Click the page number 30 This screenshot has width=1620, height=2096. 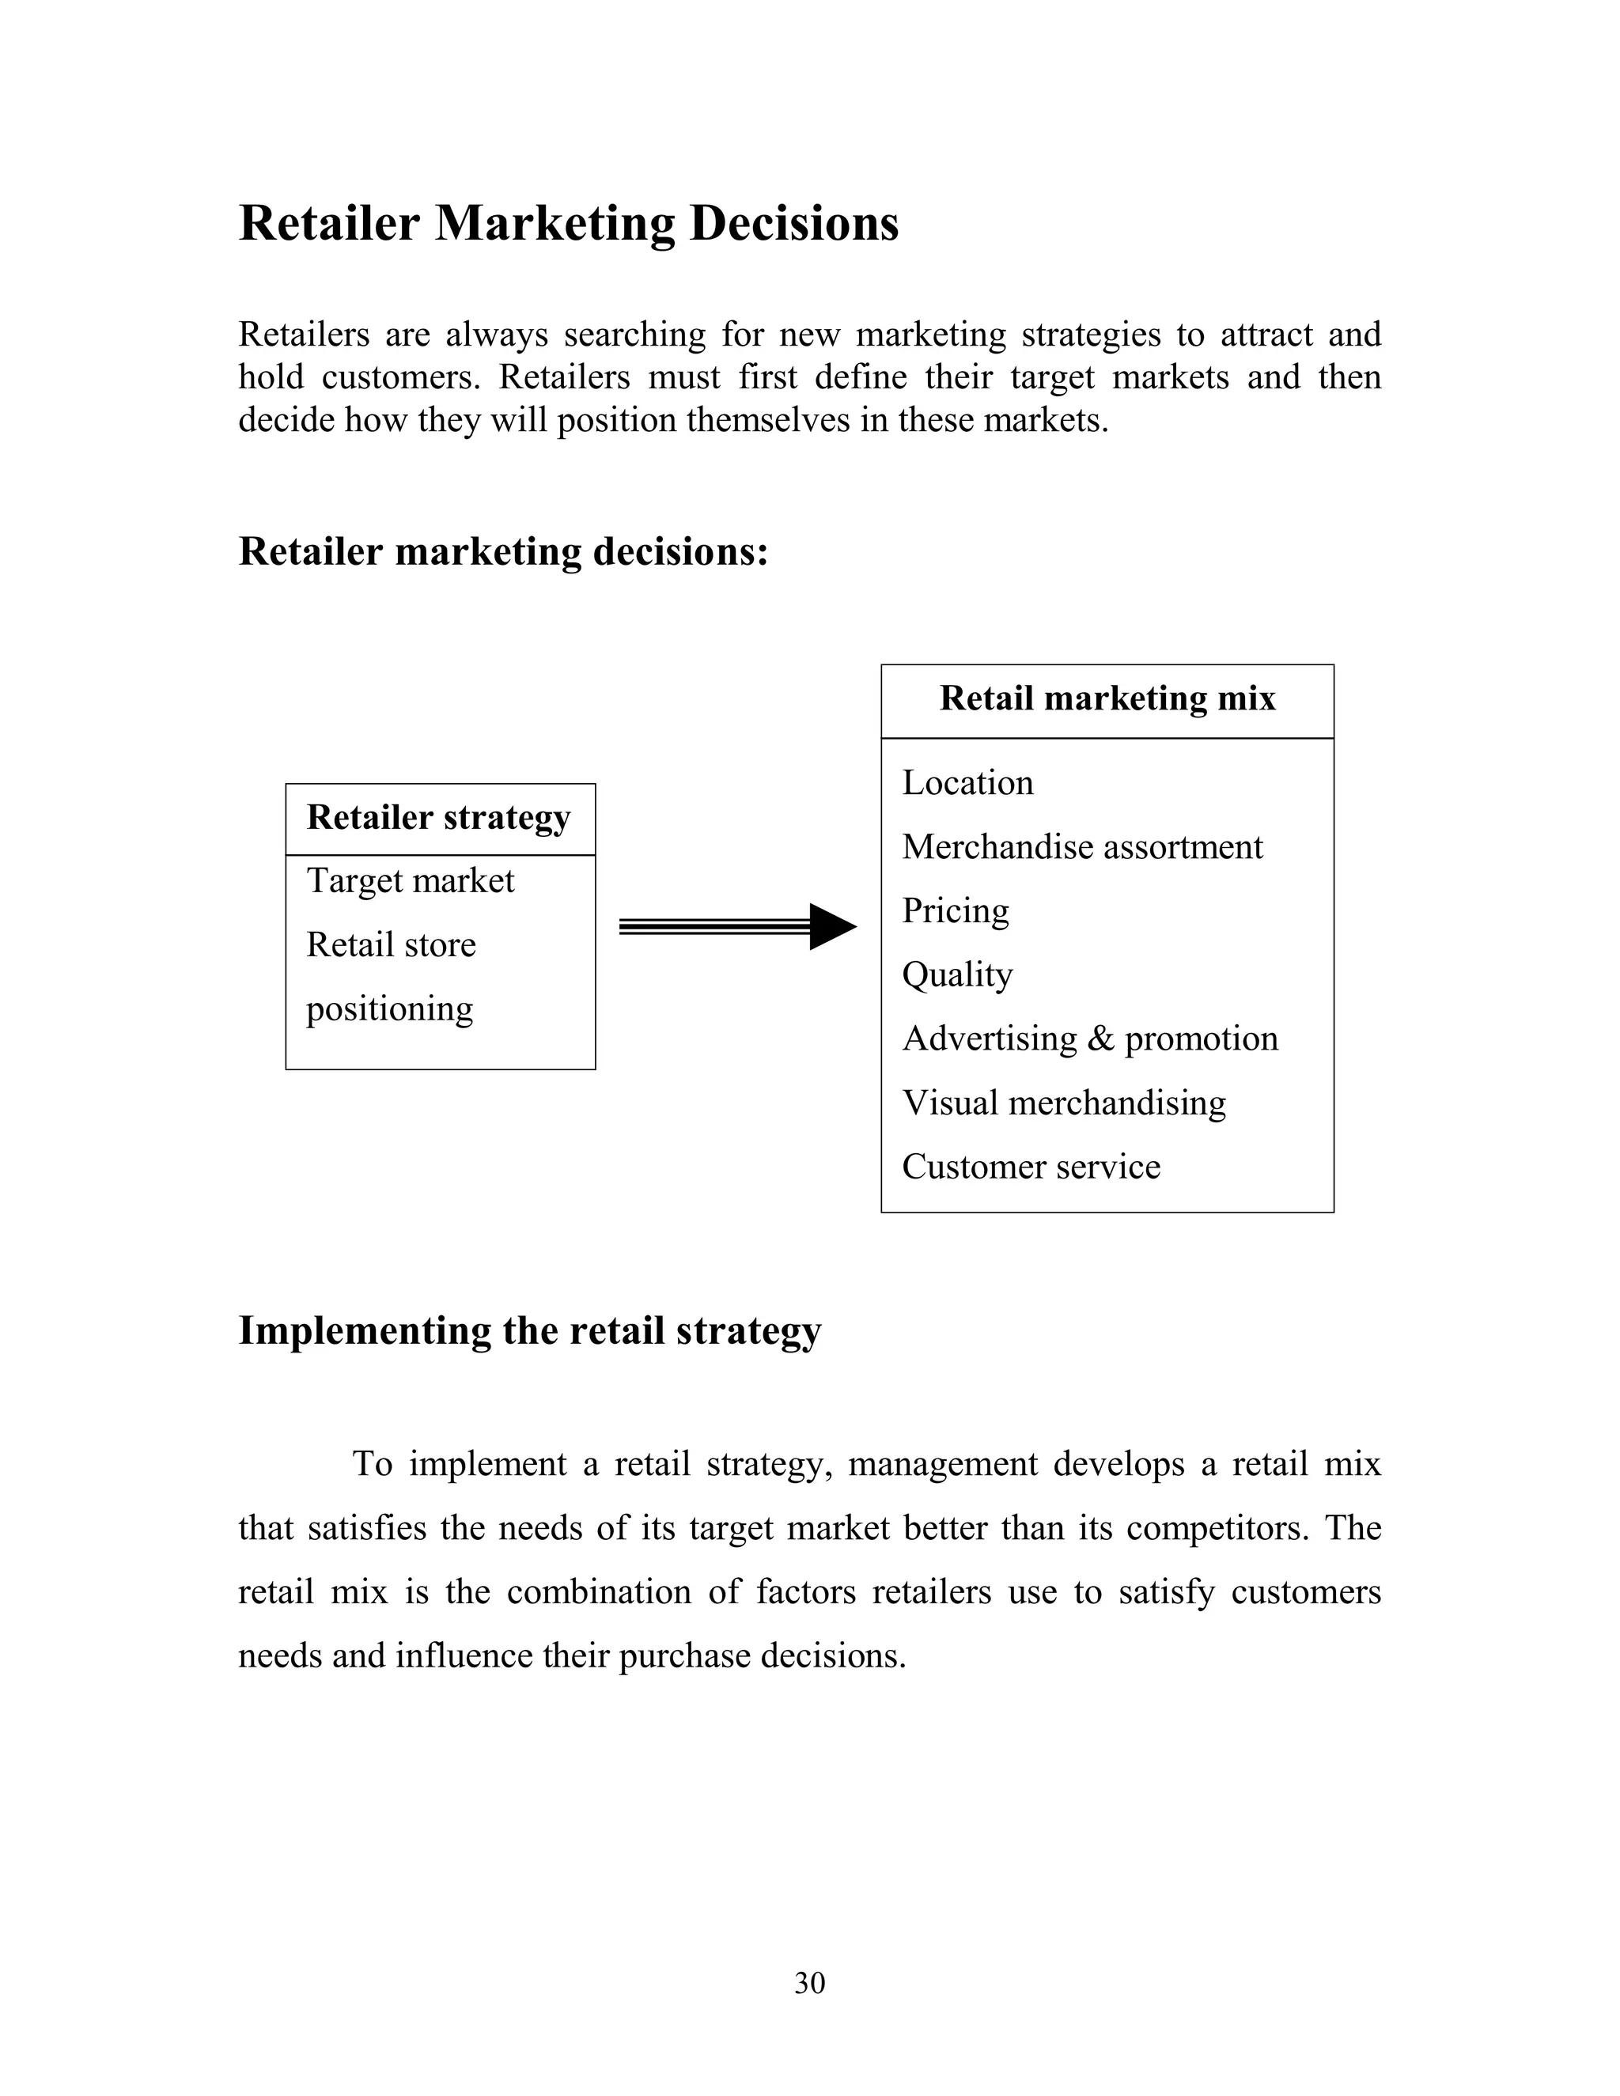pos(809,1983)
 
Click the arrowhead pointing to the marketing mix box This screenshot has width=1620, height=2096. pos(831,927)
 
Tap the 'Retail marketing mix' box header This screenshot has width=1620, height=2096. pos(1107,698)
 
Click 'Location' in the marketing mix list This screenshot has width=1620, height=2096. pos(967,783)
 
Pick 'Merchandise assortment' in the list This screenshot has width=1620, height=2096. pos(1081,847)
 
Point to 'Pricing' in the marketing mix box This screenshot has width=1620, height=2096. pos(955,910)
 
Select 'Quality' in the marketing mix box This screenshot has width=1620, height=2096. pos(957,975)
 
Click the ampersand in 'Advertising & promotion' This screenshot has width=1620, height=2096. pos(1101,1039)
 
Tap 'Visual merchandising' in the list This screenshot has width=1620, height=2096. pos(1063,1103)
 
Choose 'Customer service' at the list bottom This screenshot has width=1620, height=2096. pos(1031,1167)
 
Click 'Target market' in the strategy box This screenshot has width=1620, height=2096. pos(410,881)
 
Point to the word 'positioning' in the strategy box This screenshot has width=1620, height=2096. pos(390,1009)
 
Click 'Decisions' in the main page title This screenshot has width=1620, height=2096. pos(793,224)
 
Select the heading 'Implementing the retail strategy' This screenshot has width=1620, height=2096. pos(530,1331)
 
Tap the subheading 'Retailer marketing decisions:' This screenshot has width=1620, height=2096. pos(503,552)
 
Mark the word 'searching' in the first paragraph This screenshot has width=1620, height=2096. pos(634,335)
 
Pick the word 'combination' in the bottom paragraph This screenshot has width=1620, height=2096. pos(598,1592)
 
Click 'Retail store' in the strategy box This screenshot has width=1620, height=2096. pos(391,945)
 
